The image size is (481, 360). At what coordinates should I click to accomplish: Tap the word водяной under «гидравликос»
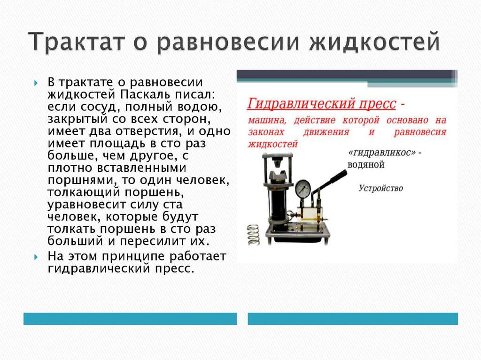[366, 165]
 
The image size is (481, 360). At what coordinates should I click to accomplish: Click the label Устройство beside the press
[381, 188]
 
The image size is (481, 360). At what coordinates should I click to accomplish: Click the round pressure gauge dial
[304, 189]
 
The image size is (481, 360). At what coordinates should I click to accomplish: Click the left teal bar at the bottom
[130, 319]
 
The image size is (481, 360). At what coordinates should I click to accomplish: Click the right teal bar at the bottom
[353, 319]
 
